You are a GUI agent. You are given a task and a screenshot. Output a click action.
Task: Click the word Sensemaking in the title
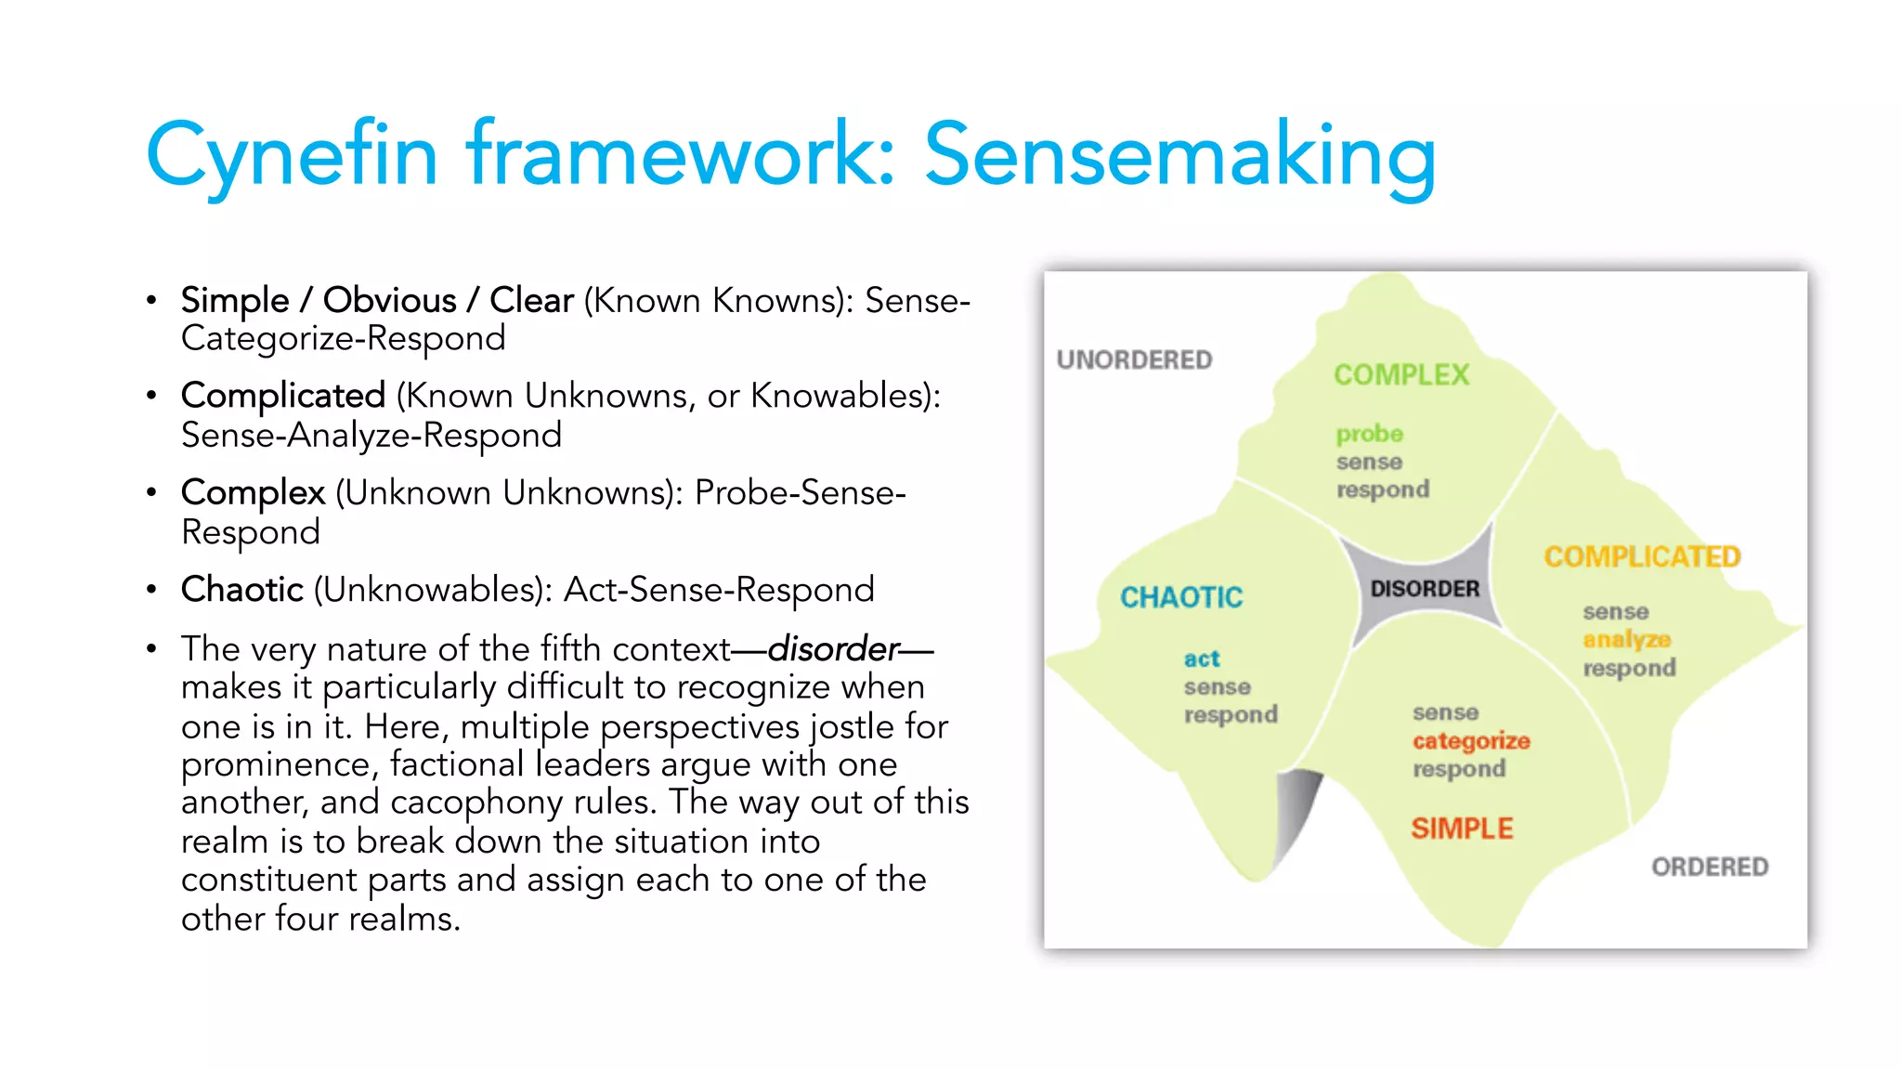click(1179, 156)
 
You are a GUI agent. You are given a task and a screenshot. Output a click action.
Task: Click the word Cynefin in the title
click(291, 156)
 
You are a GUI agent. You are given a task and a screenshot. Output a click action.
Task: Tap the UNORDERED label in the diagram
click(1134, 360)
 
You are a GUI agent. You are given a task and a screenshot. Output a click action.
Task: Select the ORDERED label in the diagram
click(1710, 868)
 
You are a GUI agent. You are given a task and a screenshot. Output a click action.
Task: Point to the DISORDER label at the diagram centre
click(1425, 589)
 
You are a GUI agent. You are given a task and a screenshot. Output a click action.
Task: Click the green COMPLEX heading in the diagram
click(1401, 375)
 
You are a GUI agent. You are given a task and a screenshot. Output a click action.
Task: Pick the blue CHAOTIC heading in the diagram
click(1180, 597)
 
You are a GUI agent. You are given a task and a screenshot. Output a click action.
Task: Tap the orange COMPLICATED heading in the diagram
click(1642, 557)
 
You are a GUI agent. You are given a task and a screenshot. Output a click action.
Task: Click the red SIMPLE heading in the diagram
click(1462, 829)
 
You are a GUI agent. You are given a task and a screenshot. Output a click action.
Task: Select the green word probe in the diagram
click(1369, 435)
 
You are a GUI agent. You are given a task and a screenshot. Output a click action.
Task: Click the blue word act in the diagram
click(1202, 659)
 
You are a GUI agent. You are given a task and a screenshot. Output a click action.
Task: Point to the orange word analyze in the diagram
click(1626, 640)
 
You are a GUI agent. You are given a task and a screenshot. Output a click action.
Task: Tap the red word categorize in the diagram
click(1471, 741)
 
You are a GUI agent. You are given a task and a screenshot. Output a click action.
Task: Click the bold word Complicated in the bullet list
click(283, 397)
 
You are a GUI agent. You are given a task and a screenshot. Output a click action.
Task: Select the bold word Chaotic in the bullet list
click(242, 590)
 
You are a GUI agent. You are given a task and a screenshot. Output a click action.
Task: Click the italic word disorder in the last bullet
click(833, 648)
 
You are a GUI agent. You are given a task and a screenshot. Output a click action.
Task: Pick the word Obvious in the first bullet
click(389, 301)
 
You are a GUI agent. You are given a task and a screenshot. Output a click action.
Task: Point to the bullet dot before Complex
click(151, 493)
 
